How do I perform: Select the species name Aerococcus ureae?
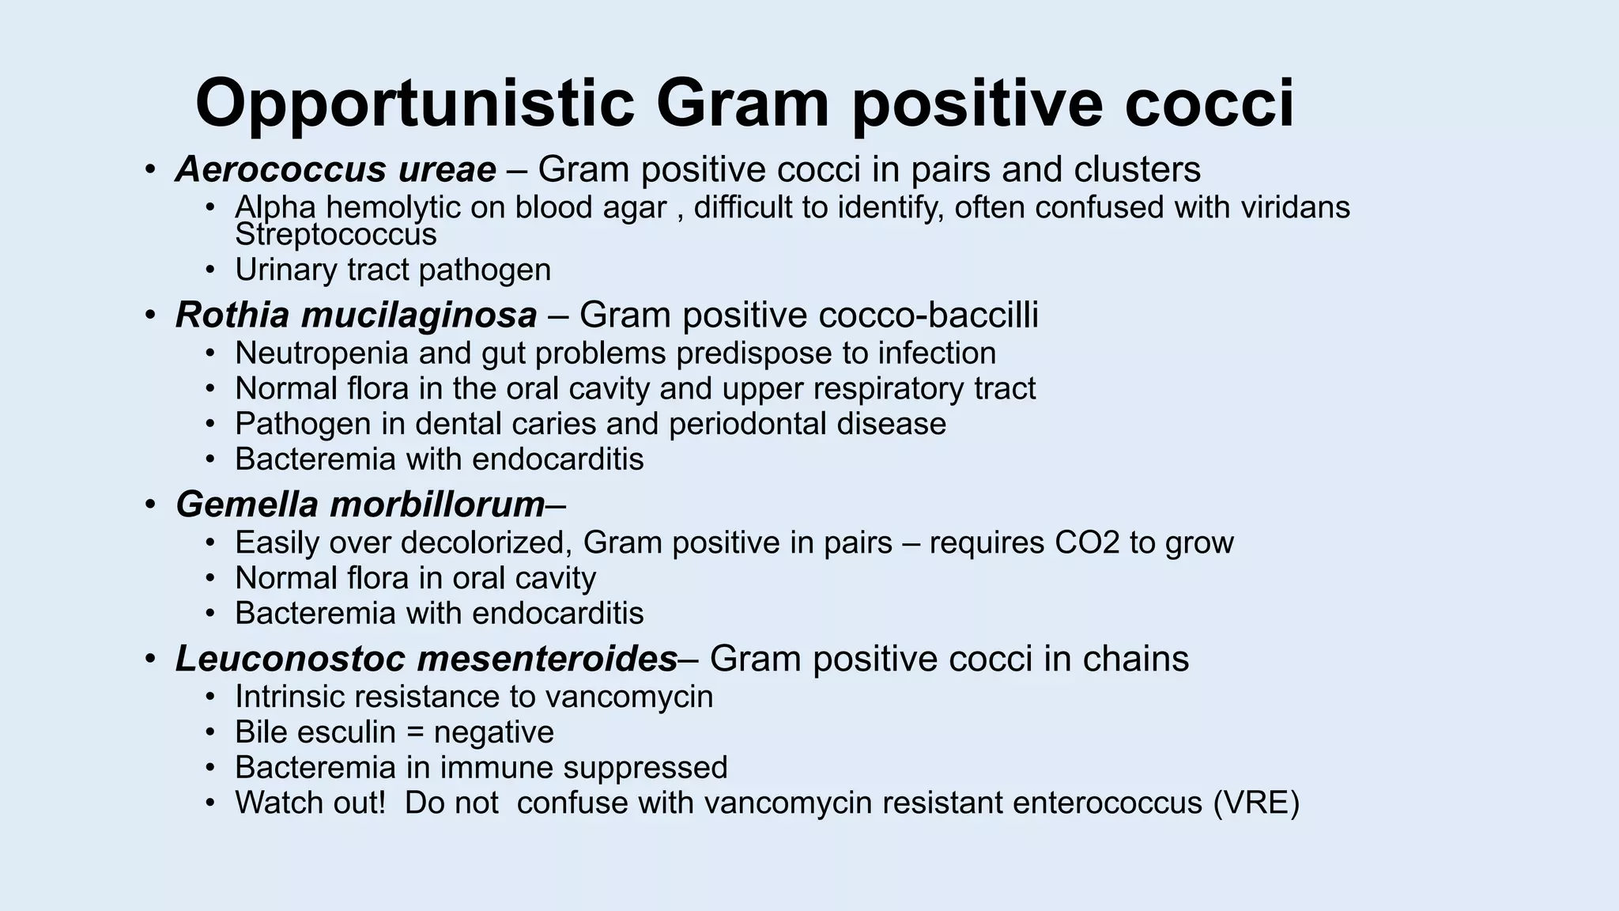click(x=336, y=169)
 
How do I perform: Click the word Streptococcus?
click(x=336, y=235)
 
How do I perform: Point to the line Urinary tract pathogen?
click(x=393, y=270)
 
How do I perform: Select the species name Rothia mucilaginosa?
click(x=356, y=315)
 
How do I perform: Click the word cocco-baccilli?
click(x=928, y=315)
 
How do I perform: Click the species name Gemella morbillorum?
click(x=360, y=505)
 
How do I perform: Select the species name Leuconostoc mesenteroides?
click(x=426, y=659)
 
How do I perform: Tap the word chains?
click(x=1135, y=659)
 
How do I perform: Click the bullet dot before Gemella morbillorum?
click(x=150, y=505)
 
